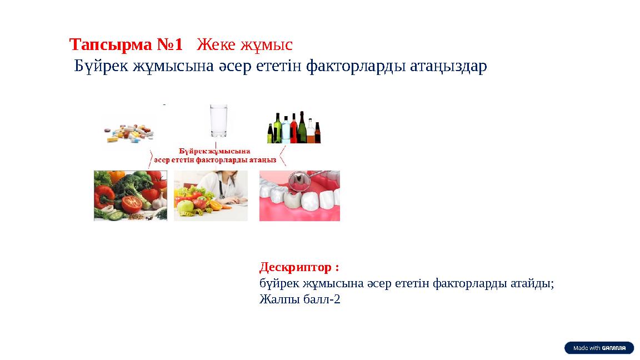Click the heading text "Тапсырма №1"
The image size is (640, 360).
(x=126, y=43)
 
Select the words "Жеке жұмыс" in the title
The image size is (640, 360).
(x=245, y=43)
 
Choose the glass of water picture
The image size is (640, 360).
(x=219, y=121)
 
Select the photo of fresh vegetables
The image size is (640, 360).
(x=131, y=196)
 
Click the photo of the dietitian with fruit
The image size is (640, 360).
(x=211, y=196)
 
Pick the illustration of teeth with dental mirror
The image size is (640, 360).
(x=299, y=196)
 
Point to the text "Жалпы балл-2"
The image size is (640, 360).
(x=299, y=299)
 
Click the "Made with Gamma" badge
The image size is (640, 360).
(x=599, y=348)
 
